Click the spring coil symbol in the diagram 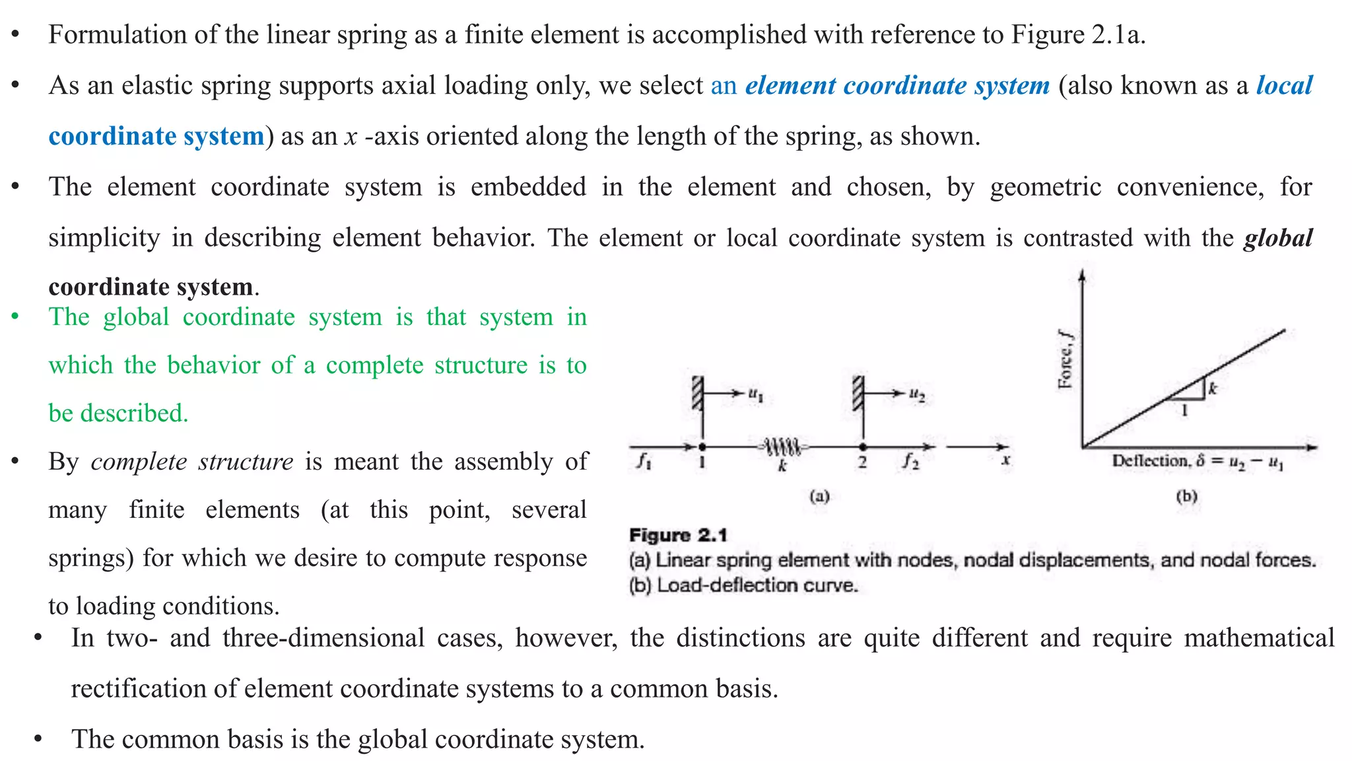click(x=783, y=447)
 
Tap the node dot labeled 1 click(x=702, y=447)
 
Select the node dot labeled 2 click(x=863, y=447)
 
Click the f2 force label click(x=911, y=461)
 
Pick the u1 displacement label click(x=756, y=394)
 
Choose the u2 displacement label click(x=917, y=394)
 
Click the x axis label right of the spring click(x=1005, y=460)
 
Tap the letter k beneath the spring click(x=783, y=466)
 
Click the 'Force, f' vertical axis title click(x=1065, y=359)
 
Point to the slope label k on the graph click(x=1212, y=389)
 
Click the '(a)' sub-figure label click(x=819, y=496)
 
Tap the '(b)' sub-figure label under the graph click(x=1186, y=496)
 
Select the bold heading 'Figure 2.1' click(x=678, y=535)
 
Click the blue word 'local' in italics click(x=1284, y=86)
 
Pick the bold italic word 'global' click(x=1278, y=238)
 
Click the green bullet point click(x=15, y=316)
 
